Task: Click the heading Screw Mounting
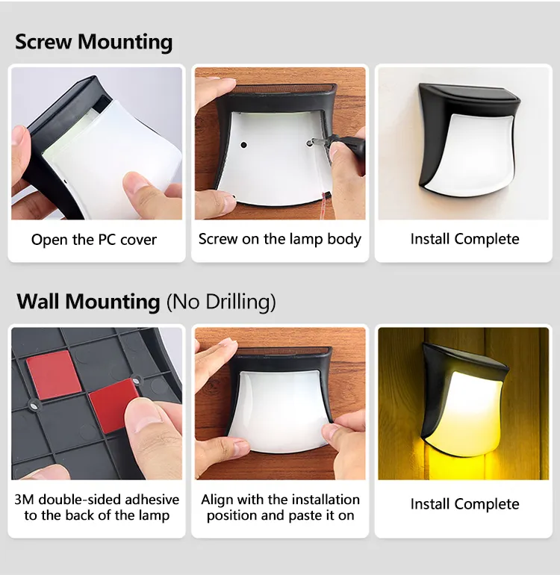pos(93,42)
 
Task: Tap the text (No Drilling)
pos(221,302)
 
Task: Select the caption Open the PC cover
pos(94,240)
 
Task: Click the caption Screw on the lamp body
pos(280,240)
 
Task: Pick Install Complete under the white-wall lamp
pos(464,240)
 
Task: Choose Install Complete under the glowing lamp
pos(464,504)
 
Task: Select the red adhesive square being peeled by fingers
pos(112,404)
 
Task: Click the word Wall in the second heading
pos(38,302)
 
